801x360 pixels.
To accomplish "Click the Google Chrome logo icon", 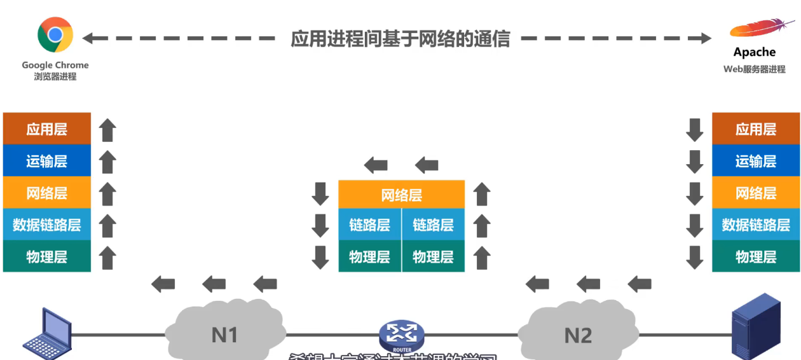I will point(55,34).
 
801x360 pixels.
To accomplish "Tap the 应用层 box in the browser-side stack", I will point(47,129).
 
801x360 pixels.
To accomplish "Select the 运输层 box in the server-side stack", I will point(756,161).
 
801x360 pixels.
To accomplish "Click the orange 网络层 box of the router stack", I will point(402,194).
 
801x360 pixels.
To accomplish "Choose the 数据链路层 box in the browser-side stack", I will point(47,225).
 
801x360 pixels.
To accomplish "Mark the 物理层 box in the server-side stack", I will point(756,256).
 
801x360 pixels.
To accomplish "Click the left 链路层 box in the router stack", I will point(369,225).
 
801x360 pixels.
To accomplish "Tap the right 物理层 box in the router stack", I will point(434,256).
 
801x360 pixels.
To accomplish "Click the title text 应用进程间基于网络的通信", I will point(400,38).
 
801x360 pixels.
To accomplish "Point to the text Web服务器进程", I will point(755,69).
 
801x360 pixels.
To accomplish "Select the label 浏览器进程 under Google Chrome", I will point(55,76).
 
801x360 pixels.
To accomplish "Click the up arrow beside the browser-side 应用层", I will point(108,130).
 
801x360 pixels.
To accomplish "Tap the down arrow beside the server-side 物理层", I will point(695,257).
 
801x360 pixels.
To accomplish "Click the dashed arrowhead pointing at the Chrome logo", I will point(90,38).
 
